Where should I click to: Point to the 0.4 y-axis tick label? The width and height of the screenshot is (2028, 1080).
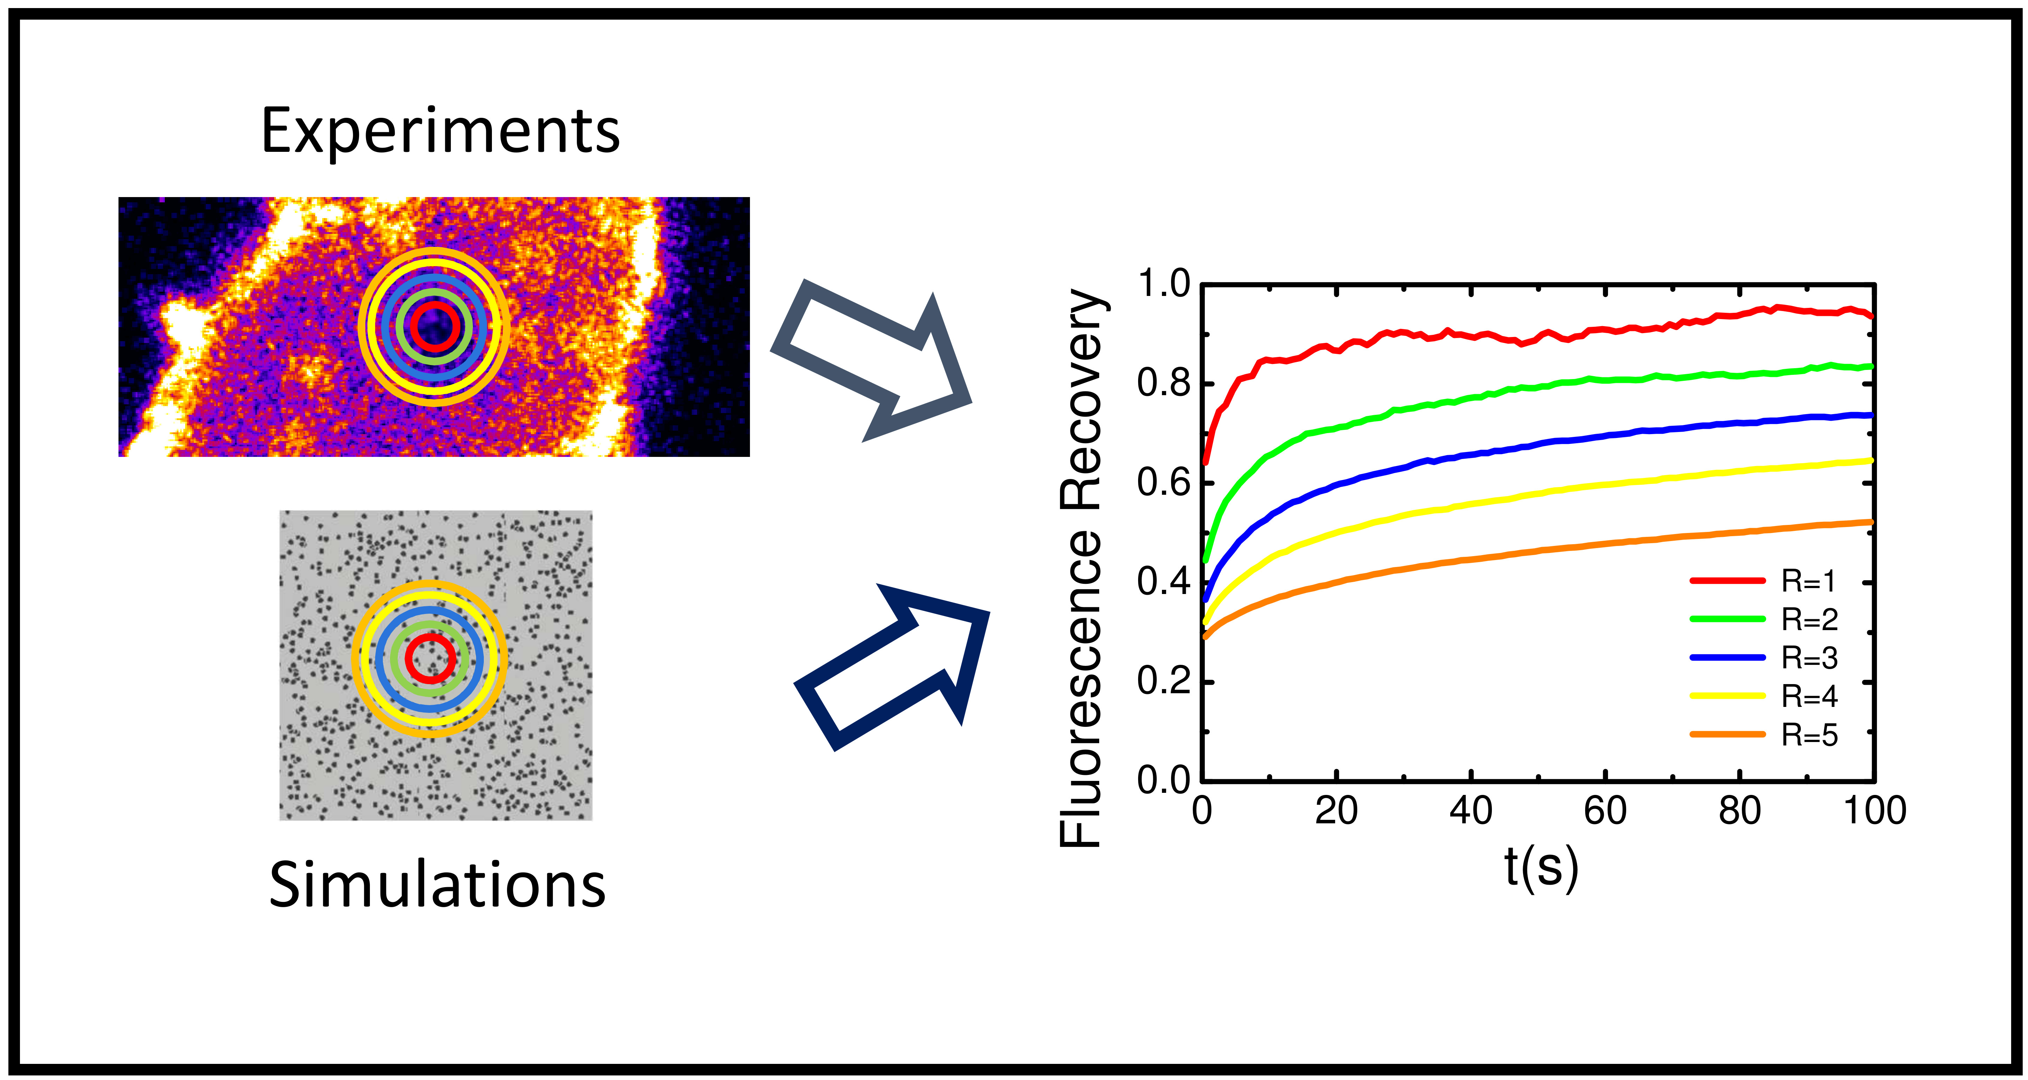(1164, 582)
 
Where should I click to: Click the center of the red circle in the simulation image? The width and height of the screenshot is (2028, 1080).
(430, 659)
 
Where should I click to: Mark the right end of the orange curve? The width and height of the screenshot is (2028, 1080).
(1871, 522)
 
